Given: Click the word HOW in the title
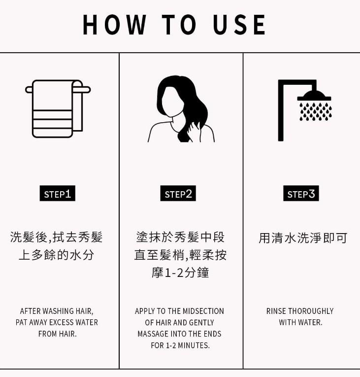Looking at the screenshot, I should (x=114, y=25).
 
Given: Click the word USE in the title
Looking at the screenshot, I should (x=240, y=25).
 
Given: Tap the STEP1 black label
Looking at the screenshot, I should (x=57, y=194).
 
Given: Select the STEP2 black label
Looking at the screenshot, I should (x=178, y=194).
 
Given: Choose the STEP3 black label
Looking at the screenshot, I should (x=301, y=194).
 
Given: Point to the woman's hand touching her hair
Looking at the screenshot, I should (x=195, y=129).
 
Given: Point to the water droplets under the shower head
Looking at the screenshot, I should (x=315, y=111).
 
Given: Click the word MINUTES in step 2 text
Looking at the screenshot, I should (x=193, y=345).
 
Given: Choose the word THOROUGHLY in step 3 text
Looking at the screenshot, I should (x=311, y=311).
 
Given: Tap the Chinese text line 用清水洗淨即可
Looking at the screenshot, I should (x=303, y=238).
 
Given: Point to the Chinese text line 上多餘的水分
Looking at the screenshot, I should (x=56, y=255).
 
